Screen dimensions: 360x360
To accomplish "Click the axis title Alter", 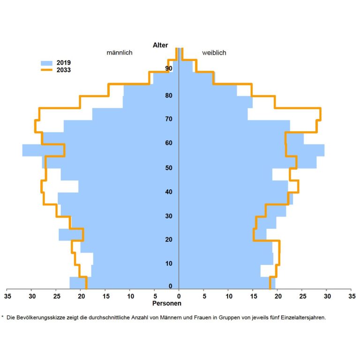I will (160, 45).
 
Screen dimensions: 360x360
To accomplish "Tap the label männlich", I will (120, 52).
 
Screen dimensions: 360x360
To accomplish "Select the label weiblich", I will (214, 52).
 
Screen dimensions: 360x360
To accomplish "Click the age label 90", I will (168, 69).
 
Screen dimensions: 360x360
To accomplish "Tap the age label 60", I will (168, 143).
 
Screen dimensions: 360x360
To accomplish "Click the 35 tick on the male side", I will (7, 296).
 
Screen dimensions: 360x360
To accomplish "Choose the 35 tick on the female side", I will (352, 296).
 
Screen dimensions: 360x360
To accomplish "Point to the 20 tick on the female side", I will (277, 296).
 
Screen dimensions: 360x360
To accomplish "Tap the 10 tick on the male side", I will (130, 296).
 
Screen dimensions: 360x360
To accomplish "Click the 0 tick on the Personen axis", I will (179, 296).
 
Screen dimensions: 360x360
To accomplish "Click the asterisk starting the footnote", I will (3, 317).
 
